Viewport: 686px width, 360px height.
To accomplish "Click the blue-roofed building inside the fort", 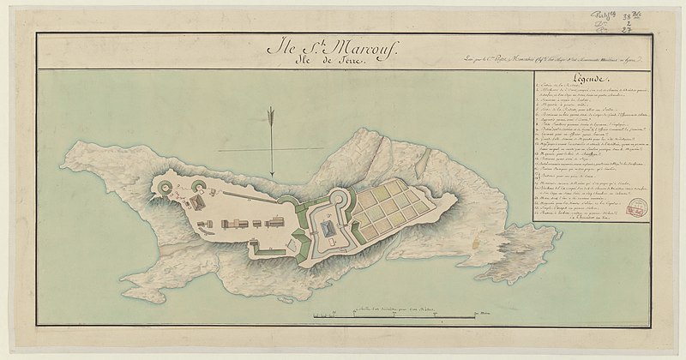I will tap(328, 231).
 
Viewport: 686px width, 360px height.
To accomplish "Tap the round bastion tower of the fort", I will tap(338, 202).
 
